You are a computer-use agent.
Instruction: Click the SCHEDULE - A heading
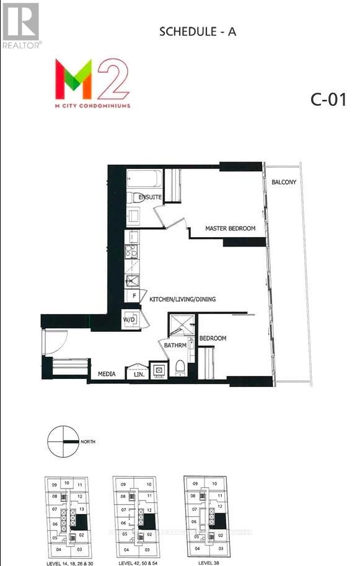[198, 32]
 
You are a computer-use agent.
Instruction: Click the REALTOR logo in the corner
[21, 25]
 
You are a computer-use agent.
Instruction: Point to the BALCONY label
[284, 182]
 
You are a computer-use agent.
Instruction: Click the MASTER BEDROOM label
[230, 229]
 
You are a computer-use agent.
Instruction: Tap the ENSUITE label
[150, 197]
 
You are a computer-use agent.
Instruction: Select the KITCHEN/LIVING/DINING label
[182, 299]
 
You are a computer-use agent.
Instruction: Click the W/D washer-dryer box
[130, 320]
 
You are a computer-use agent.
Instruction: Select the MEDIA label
[108, 374]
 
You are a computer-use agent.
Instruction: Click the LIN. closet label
[137, 374]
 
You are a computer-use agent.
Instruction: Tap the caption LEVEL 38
[208, 562]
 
